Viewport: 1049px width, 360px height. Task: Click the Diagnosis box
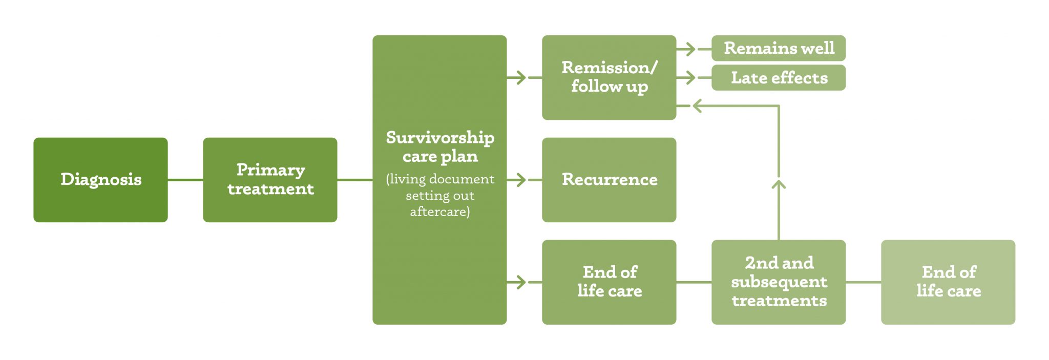pyautogui.click(x=100, y=180)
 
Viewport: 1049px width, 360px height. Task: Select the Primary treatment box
pyautogui.click(x=270, y=180)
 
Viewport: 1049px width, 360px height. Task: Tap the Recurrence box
pyautogui.click(x=609, y=180)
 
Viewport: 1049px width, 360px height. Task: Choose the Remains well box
pyautogui.click(x=779, y=48)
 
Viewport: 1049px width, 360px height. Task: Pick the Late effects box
pyautogui.click(x=779, y=78)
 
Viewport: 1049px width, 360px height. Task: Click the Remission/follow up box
pyautogui.click(x=609, y=77)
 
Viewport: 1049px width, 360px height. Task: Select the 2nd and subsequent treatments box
pyautogui.click(x=779, y=282)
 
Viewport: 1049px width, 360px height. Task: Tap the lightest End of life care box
pyautogui.click(x=948, y=282)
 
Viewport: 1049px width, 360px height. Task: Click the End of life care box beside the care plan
pyautogui.click(x=609, y=282)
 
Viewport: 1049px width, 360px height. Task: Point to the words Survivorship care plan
pyautogui.click(x=440, y=147)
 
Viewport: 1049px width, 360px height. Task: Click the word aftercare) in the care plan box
pyautogui.click(x=440, y=211)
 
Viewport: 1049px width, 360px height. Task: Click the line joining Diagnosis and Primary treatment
pyautogui.click(x=185, y=180)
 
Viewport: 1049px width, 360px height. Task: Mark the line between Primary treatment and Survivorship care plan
pyautogui.click(x=355, y=180)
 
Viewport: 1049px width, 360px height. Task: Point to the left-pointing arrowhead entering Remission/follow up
pyautogui.click(x=697, y=106)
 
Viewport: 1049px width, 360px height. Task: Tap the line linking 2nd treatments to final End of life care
pyautogui.click(x=864, y=282)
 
